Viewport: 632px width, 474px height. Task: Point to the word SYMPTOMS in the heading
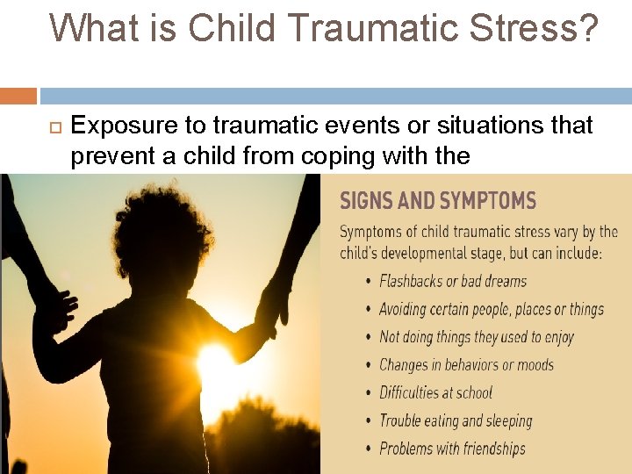pyautogui.click(x=487, y=201)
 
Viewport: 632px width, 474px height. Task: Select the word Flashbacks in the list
pyautogui.click(x=411, y=282)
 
